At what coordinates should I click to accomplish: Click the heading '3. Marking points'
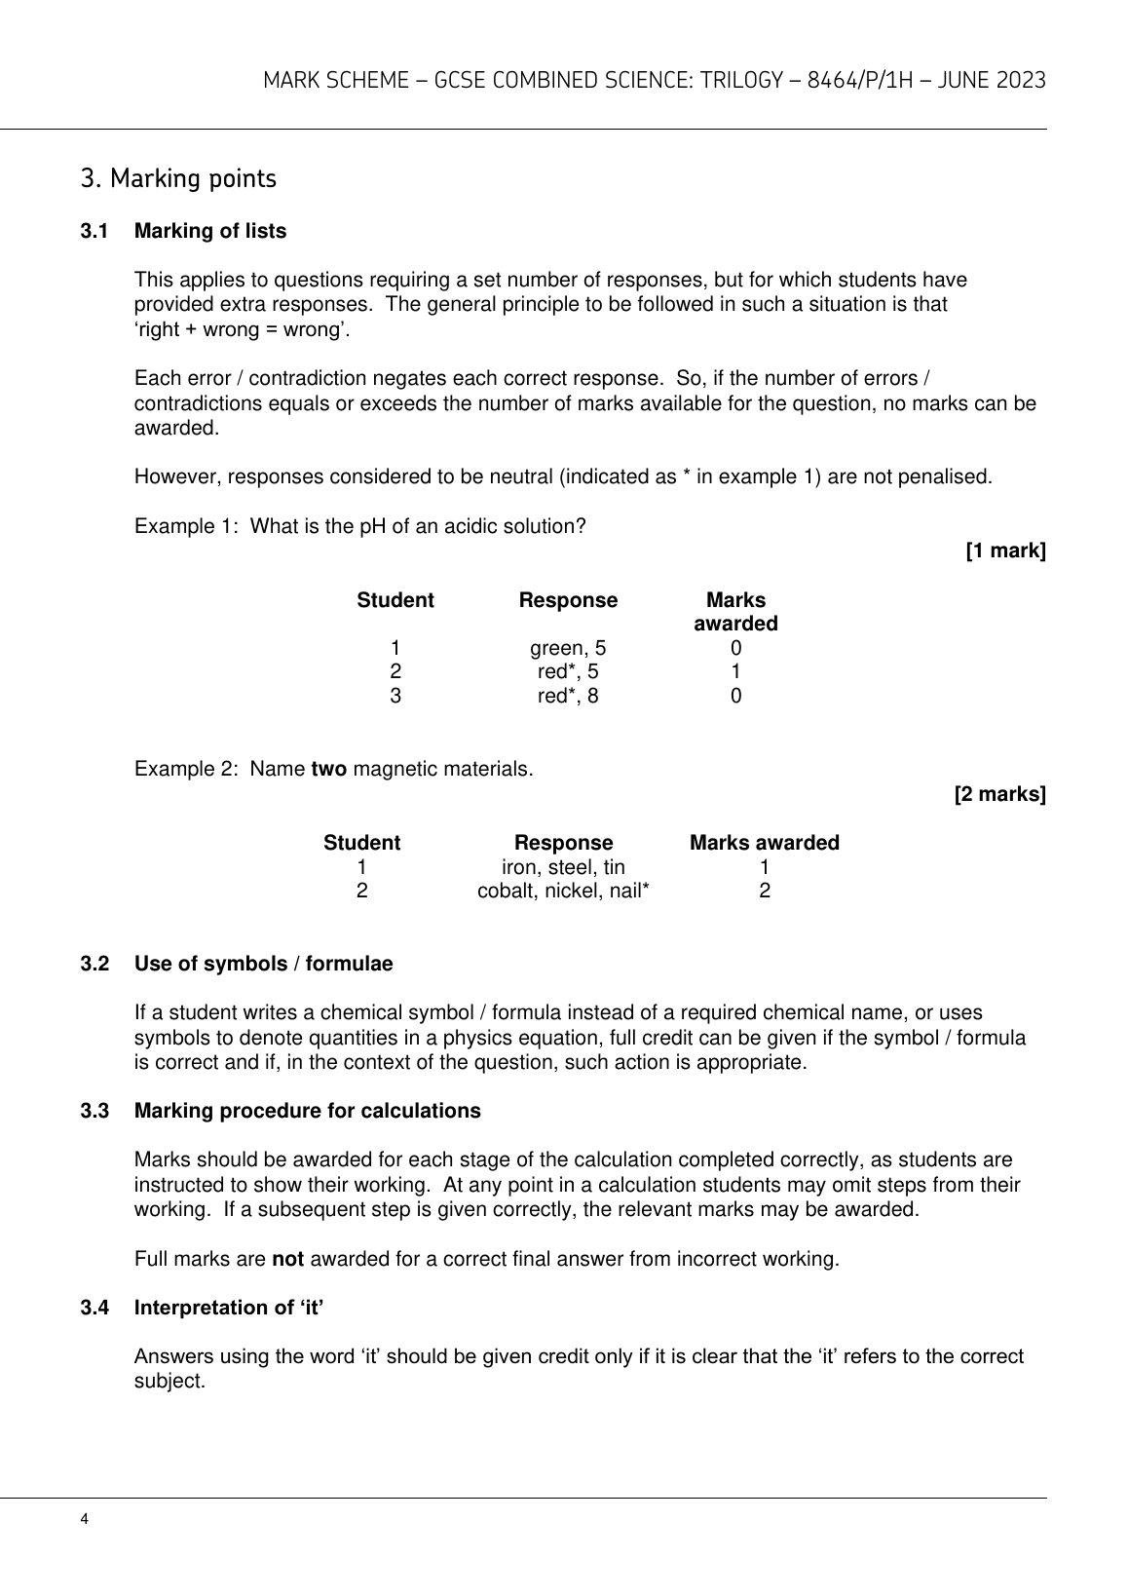[178, 179]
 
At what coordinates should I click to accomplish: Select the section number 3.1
[94, 231]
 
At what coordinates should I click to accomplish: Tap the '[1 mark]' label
[1005, 551]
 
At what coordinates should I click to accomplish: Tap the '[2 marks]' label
[999, 795]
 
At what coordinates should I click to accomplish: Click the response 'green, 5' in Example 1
[568, 649]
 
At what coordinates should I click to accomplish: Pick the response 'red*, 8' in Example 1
[568, 696]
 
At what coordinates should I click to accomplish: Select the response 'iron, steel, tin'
[563, 867]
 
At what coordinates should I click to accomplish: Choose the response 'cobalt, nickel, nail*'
[563, 891]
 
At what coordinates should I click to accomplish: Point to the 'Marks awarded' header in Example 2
[764, 843]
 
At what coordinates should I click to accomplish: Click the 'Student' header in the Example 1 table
[395, 600]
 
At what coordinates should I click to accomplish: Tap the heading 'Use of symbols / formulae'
[263, 965]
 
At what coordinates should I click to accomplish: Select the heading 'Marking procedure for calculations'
[307, 1111]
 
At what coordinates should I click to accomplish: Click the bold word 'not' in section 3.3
[287, 1259]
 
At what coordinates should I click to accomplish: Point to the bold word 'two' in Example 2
[328, 770]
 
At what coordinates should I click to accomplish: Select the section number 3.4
[94, 1308]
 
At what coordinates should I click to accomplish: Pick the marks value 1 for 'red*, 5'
[735, 672]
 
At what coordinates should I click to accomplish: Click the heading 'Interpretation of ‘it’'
[229, 1308]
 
